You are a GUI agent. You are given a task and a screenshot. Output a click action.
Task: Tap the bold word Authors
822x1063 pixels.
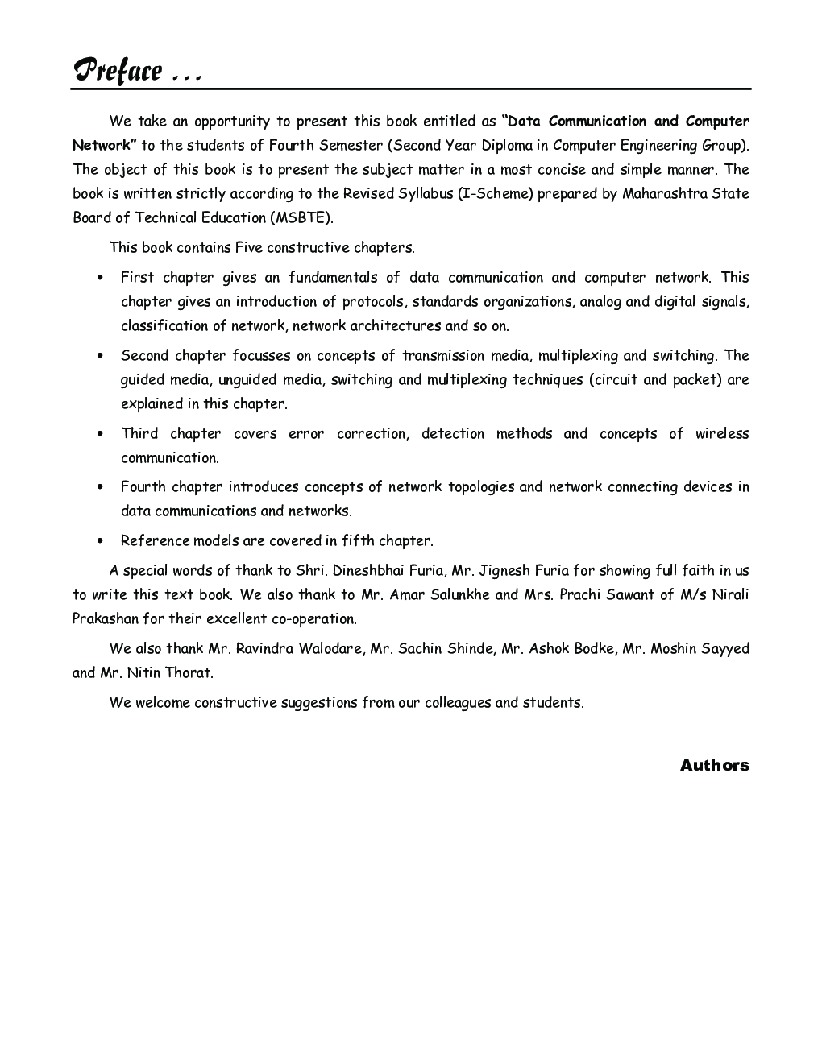point(714,765)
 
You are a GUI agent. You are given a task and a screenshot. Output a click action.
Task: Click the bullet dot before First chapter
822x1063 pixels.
point(99,278)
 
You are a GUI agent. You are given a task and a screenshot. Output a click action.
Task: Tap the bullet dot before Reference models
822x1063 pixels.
point(99,541)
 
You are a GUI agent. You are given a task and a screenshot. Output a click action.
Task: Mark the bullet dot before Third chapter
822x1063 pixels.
point(99,434)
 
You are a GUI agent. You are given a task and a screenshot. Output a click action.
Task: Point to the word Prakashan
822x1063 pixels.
point(106,618)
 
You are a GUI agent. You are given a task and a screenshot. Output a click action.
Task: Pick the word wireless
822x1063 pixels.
point(722,433)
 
